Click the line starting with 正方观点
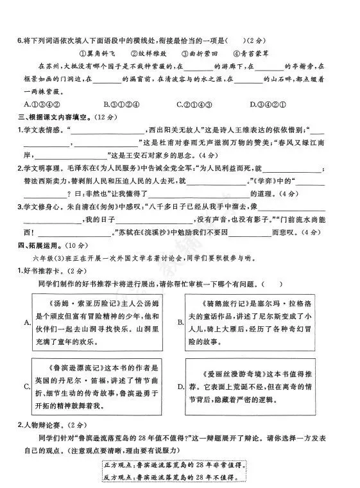(x=175, y=464)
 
